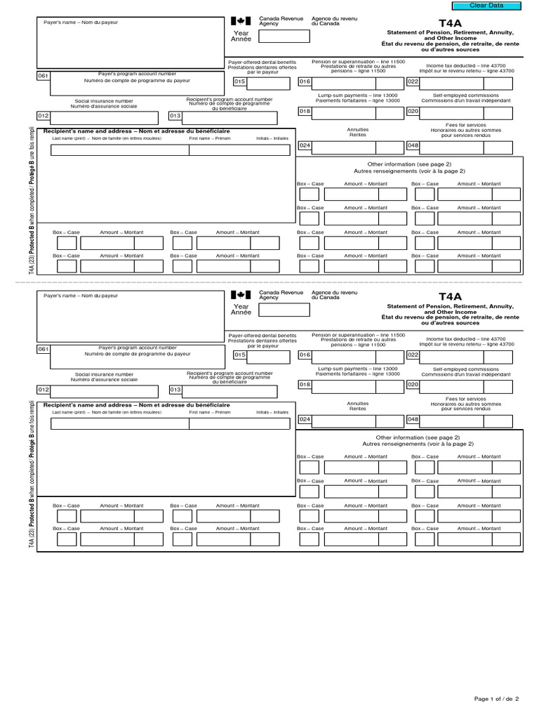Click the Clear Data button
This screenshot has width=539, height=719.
(495, 6)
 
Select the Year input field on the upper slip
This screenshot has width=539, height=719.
(284, 36)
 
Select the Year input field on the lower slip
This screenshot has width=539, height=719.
(284, 310)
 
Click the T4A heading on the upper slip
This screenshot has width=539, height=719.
(450, 22)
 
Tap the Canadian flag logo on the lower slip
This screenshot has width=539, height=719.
(240, 294)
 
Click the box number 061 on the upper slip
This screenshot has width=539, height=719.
(44, 77)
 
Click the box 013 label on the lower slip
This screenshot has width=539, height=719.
(175, 390)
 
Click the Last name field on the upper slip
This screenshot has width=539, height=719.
(118, 148)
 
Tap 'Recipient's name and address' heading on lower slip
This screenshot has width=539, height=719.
(136, 405)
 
